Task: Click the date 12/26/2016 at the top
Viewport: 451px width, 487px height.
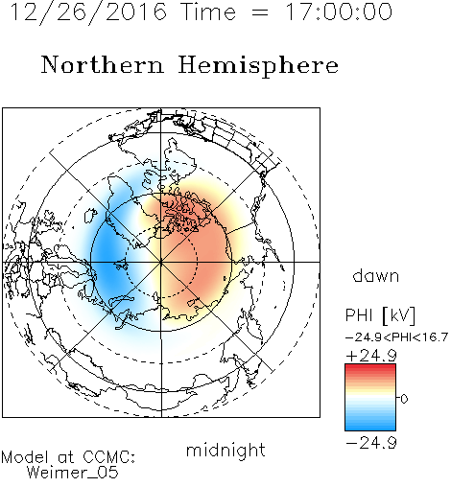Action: pyautogui.click(x=88, y=12)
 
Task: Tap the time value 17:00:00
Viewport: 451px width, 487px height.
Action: pyautogui.click(x=339, y=12)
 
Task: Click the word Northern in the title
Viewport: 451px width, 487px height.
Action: pyautogui.click(x=103, y=64)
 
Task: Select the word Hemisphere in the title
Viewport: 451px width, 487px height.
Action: pyautogui.click(x=258, y=66)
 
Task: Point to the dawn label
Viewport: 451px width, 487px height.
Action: pyautogui.click(x=376, y=275)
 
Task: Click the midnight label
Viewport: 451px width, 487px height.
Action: pyautogui.click(x=225, y=450)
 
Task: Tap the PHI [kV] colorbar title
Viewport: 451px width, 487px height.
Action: pyautogui.click(x=380, y=315)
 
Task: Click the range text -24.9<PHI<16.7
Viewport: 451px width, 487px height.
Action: pyautogui.click(x=396, y=337)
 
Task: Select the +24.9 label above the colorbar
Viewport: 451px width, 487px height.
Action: pyautogui.click(x=371, y=356)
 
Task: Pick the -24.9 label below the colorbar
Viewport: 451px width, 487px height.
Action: pyautogui.click(x=371, y=443)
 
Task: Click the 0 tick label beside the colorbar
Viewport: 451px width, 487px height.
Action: pyautogui.click(x=404, y=399)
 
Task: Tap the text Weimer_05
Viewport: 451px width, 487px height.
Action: pyautogui.click(x=73, y=473)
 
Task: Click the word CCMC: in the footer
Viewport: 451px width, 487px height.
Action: pyautogui.click(x=108, y=457)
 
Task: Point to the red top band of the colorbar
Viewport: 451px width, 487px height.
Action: pyautogui.click(x=370, y=367)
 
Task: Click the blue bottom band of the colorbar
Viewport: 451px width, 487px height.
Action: pyautogui.click(x=370, y=427)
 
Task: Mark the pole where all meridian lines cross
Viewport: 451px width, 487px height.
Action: pyautogui.click(x=161, y=262)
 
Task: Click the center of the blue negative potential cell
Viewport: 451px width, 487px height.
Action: pyautogui.click(x=108, y=256)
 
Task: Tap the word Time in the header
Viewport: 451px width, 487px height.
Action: pyautogui.click(x=208, y=12)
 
